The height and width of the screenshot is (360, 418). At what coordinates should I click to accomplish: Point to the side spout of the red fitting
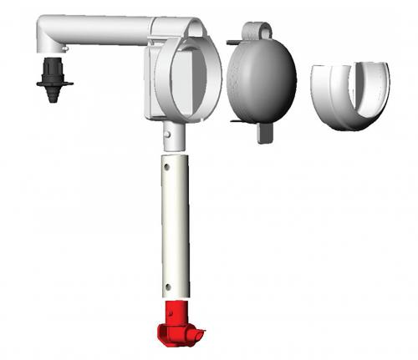click(x=196, y=336)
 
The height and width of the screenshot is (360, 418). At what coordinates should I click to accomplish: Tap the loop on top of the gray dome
click(x=255, y=30)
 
